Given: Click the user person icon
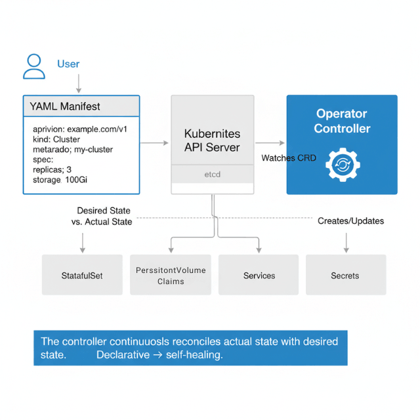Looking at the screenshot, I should pos(34,66).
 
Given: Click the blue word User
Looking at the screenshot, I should pos(68,64).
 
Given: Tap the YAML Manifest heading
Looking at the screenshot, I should pos(65,106).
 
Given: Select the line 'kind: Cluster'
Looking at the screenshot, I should pos(56,139).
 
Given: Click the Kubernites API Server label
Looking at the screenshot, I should pos(212,140).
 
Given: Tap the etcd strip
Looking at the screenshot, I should pos(212,175).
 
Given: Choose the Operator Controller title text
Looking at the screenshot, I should pos(342,121).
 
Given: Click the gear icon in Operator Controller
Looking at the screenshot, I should pos(341,164).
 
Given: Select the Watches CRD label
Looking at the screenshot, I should pos(289,158).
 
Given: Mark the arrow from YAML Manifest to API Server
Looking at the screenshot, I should pos(155,142).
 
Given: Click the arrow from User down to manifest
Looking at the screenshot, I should pos(79,83).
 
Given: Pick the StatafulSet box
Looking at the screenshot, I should pos(82,275).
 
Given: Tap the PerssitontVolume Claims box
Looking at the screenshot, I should pos(171,275).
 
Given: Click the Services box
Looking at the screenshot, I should pos(259,275).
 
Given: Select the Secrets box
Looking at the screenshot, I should pos(345,275).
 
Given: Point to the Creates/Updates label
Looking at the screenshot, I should pos(350,221).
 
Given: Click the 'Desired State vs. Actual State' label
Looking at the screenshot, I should pos(101,217).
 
